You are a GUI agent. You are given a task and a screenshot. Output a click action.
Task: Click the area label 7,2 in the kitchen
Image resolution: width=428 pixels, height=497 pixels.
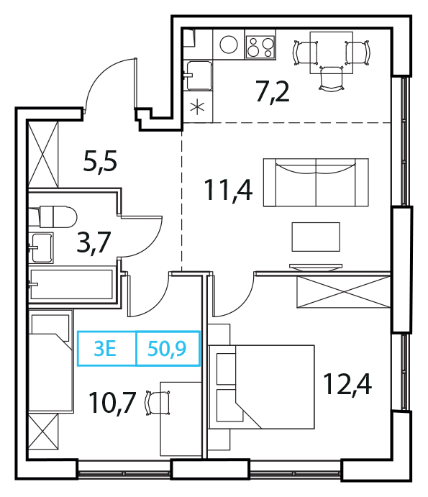click(x=273, y=93)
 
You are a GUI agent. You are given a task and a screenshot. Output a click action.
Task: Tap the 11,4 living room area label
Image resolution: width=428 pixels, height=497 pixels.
click(x=228, y=190)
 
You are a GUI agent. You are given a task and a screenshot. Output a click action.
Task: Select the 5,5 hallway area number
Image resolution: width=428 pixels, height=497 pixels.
click(x=100, y=161)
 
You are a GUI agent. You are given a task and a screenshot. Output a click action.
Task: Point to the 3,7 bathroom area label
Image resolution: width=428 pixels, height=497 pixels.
click(x=94, y=242)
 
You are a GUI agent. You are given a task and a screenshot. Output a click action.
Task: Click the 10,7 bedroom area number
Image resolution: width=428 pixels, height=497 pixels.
click(x=113, y=403)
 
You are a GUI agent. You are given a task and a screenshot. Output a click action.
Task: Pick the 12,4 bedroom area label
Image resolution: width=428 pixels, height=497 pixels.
click(x=347, y=384)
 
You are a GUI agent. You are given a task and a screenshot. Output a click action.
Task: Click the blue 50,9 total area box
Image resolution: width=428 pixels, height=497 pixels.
click(x=168, y=349)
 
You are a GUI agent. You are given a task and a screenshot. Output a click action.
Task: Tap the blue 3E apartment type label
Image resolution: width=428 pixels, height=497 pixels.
click(x=105, y=349)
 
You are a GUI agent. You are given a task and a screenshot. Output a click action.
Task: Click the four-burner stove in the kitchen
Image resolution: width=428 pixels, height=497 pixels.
click(x=260, y=47)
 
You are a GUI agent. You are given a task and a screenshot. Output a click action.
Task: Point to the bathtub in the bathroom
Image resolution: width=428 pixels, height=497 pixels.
click(x=71, y=284)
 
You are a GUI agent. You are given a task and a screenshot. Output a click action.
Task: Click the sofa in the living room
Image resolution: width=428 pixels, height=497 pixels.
click(x=316, y=183)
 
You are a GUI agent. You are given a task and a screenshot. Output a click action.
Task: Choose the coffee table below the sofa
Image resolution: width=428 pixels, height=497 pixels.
click(x=316, y=237)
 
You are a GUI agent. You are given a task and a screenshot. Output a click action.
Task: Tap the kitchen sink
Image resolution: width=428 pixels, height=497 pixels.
click(x=199, y=76)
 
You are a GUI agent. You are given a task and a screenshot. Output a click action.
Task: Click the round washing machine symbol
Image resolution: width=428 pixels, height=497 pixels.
click(x=229, y=45)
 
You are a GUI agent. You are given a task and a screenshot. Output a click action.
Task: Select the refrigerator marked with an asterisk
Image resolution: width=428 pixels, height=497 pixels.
click(x=197, y=107)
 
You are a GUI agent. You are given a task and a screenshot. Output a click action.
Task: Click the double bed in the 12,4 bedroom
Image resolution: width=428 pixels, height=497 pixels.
click(x=262, y=387)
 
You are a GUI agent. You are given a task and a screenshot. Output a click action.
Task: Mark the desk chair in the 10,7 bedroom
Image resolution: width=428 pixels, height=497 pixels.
click(x=158, y=403)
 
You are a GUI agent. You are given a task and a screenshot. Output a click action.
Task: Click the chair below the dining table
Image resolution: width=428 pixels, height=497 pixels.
click(x=332, y=78)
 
